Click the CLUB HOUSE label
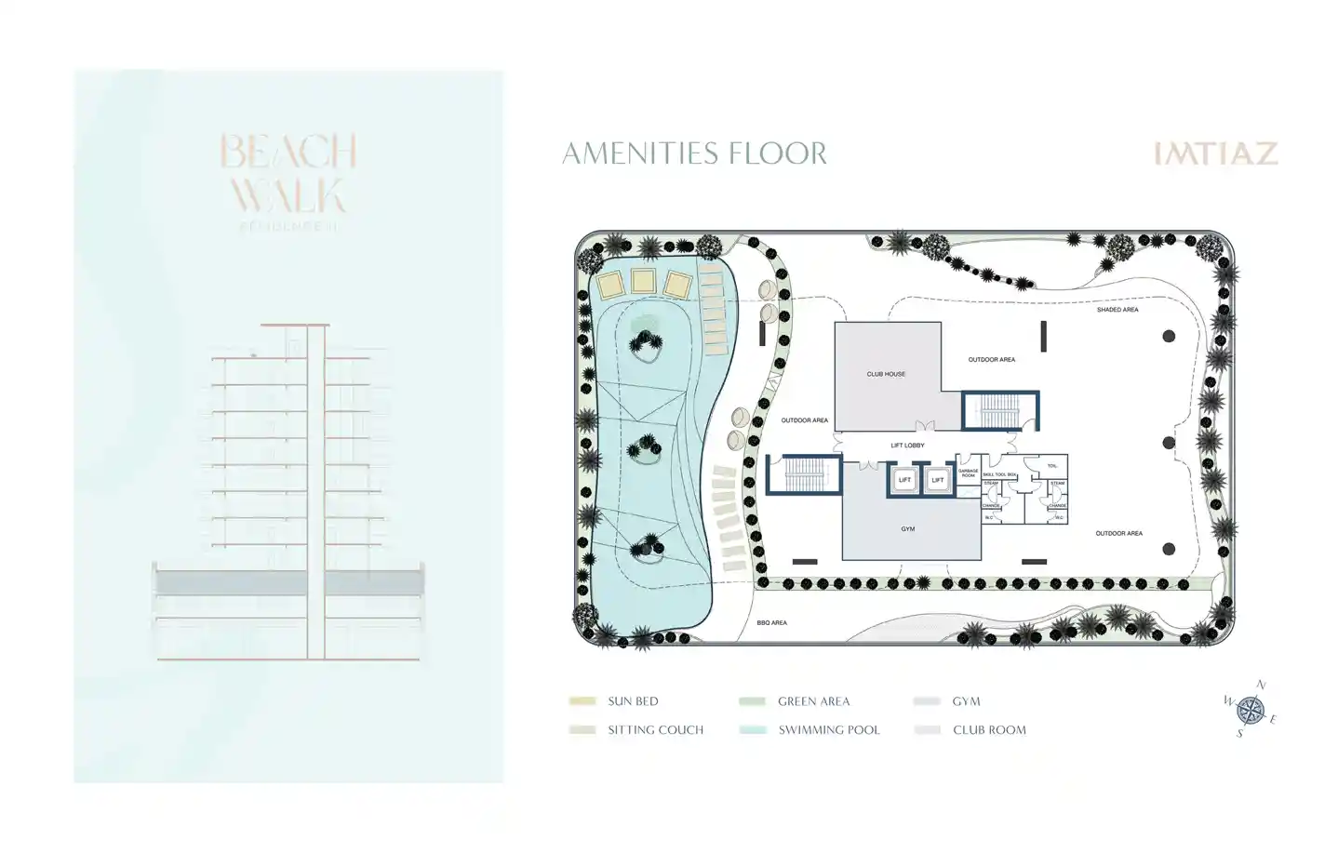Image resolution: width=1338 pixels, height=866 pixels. point(886,374)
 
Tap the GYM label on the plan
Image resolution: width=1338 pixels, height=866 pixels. point(907,529)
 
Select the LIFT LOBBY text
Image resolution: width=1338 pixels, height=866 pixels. point(907,446)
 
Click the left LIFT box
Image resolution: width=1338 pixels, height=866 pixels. point(904,480)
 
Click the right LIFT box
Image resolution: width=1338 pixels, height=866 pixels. point(938,480)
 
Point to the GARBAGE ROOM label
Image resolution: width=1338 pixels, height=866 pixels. point(968,473)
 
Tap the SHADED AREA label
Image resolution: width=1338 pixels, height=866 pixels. point(1117,310)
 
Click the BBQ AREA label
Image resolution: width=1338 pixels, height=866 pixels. point(771,622)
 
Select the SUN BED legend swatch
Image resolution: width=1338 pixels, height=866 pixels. point(582,701)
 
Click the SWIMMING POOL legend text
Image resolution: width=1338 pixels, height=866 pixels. point(828,730)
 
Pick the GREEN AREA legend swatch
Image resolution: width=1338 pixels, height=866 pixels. point(752,701)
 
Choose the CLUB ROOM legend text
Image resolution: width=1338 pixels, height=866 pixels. point(989,730)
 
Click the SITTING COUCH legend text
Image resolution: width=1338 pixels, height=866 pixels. point(655,730)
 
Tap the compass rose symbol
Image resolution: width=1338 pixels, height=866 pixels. point(1251,710)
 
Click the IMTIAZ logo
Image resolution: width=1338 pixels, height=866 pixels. point(1215,153)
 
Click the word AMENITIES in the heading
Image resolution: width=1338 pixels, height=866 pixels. point(642,153)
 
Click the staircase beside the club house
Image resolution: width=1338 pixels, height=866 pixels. point(1000,410)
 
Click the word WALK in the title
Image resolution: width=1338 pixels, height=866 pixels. point(288,196)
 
